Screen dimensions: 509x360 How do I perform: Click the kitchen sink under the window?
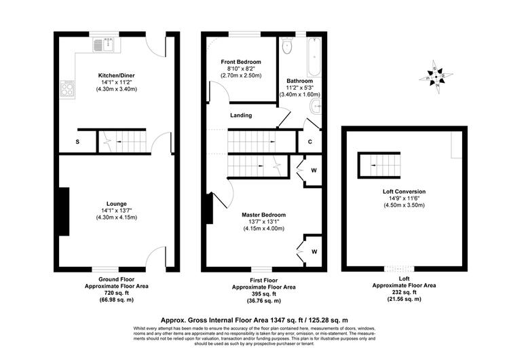pyautogui.click(x=103, y=45)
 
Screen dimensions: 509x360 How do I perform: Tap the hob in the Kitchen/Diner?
pyautogui.click(x=67, y=89)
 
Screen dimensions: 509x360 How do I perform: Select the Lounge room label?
pyautogui.click(x=117, y=204)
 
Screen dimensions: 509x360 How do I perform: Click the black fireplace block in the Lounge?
pyautogui.click(x=64, y=211)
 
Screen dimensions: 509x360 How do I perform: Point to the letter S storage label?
pyautogui.click(x=77, y=142)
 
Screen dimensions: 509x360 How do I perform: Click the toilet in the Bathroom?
pyautogui.click(x=288, y=46)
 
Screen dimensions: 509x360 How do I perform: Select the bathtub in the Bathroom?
pyautogui.click(x=314, y=57)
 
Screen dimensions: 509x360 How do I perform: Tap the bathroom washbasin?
pyautogui.click(x=316, y=107)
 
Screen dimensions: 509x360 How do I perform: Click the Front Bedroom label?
pyautogui.click(x=241, y=62)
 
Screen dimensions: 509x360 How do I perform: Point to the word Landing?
pyautogui.click(x=241, y=115)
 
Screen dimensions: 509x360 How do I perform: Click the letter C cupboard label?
pyautogui.click(x=310, y=142)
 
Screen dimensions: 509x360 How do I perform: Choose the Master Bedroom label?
pyautogui.click(x=263, y=215)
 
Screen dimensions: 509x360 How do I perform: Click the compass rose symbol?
pyautogui.click(x=436, y=77)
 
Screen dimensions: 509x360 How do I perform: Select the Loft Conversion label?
pyautogui.click(x=404, y=192)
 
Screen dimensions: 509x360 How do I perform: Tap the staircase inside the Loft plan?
pyautogui.click(x=379, y=165)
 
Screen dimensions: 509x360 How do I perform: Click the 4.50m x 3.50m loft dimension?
pyautogui.click(x=404, y=205)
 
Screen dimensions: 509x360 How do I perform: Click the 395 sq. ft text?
pyautogui.click(x=263, y=294)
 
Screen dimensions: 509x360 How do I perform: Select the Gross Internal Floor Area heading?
pyautogui.click(x=254, y=321)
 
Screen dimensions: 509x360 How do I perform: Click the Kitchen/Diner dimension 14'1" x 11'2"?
pyautogui.click(x=117, y=82)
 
